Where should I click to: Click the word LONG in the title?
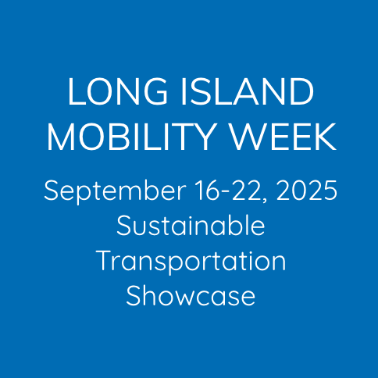[x=117, y=91]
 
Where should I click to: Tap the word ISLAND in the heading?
[x=248, y=91]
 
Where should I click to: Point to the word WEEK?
[x=283, y=137]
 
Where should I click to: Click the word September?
[x=115, y=191]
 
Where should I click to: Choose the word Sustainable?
[x=191, y=225]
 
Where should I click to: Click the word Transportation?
[x=192, y=261]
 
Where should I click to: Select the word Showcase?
[x=191, y=295]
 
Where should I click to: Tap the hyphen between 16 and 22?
[x=226, y=193]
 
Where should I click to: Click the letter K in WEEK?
[x=326, y=137]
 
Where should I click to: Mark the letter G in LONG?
[x=155, y=91]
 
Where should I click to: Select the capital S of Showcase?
[x=134, y=295]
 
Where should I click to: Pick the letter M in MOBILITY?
[x=60, y=137]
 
